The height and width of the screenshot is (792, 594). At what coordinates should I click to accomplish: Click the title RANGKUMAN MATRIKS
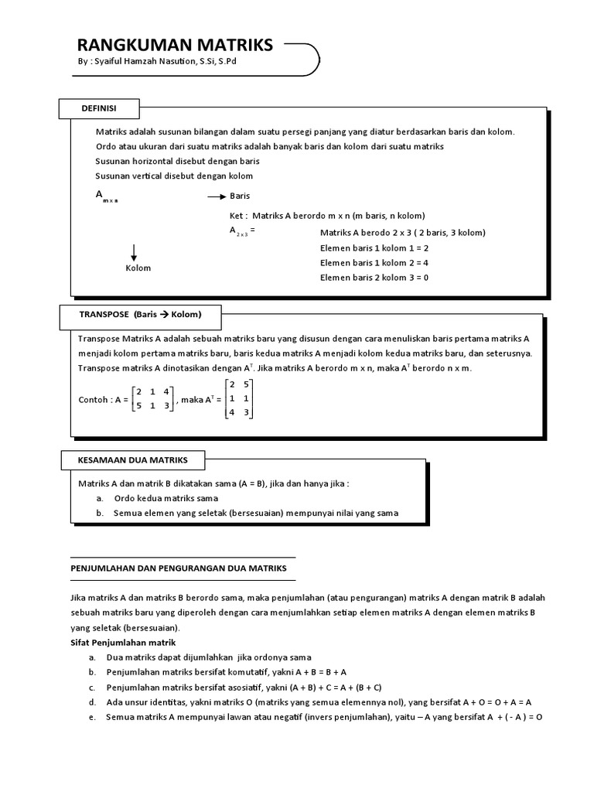[x=175, y=45]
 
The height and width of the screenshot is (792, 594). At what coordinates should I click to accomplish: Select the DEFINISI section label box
[x=98, y=108]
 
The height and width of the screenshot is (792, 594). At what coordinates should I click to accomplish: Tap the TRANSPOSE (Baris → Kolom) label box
[x=140, y=315]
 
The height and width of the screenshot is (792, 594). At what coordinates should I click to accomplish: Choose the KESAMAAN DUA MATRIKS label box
[x=132, y=460]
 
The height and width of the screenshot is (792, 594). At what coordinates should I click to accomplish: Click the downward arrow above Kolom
[x=134, y=252]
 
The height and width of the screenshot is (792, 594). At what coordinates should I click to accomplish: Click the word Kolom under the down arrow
[x=138, y=268]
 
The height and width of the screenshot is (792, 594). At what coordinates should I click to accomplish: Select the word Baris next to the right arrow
[x=240, y=196]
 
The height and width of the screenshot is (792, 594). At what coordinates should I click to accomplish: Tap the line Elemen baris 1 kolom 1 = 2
[x=374, y=247]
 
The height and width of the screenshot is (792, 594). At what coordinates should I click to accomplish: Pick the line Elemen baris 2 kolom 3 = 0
[x=374, y=277]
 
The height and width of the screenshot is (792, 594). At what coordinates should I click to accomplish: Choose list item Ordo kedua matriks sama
[x=166, y=498]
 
